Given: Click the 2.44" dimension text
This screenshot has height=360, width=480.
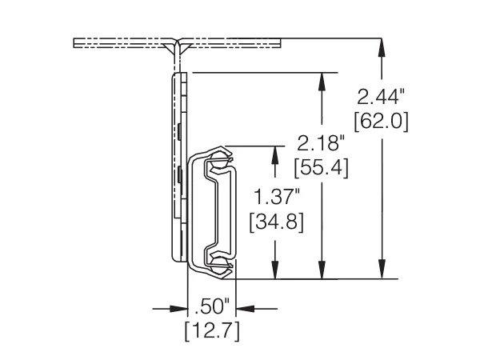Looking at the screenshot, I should coord(381,98).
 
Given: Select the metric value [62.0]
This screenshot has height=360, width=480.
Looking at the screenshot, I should coord(381,121).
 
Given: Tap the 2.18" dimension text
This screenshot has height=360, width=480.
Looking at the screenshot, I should coord(320,144).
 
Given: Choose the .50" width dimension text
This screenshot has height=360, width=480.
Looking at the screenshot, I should coord(212,305).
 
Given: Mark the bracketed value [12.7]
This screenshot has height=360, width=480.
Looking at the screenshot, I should coord(212,329).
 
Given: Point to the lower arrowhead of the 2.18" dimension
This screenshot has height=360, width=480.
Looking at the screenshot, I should coord(322,272).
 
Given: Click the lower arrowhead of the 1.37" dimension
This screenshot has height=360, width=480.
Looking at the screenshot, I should coord(277,272).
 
